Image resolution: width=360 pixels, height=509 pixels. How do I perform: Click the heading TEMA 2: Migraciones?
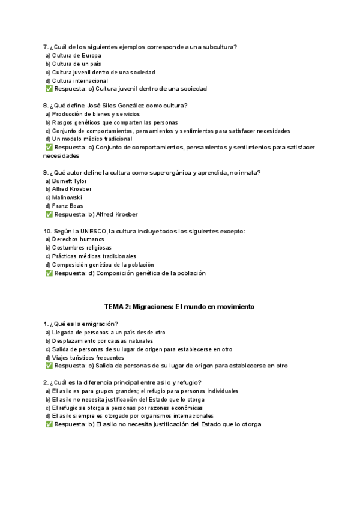coord(179,306)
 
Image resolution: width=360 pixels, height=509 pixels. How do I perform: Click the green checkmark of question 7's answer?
coord(49,89)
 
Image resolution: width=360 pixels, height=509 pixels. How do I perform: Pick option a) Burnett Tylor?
coord(66,181)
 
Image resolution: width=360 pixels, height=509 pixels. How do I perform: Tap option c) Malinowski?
coord(64,197)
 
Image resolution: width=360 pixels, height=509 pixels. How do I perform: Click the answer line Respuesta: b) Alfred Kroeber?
coord(95,214)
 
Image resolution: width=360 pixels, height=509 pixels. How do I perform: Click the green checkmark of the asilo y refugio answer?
coord(49,424)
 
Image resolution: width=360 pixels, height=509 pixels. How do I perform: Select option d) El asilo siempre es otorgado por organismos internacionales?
coord(129,415)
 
